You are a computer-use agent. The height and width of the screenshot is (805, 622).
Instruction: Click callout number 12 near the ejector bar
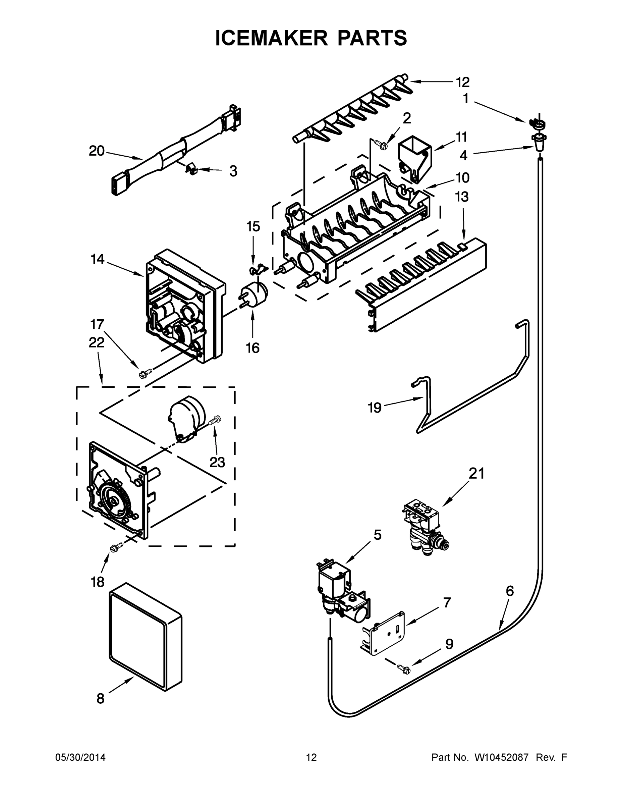[x=462, y=82]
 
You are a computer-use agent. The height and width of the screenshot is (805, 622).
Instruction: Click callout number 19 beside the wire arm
[x=375, y=408]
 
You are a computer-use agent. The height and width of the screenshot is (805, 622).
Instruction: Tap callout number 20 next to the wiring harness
[x=97, y=151]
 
